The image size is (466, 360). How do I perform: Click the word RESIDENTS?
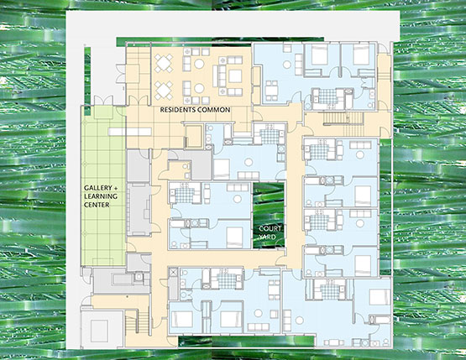tap(177, 110)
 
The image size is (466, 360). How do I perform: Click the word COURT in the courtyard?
tap(270, 229)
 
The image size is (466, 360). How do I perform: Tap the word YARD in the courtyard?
tap(267, 237)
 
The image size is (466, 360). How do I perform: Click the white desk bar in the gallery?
tap(130, 131)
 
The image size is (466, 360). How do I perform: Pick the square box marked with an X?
tap(174, 272)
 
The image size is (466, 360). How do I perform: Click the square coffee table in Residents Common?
tap(235, 76)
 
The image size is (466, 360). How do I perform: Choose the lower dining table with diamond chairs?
tap(164, 91)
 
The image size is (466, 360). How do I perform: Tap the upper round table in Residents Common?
tap(199, 64)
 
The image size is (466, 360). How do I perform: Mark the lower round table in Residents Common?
tap(199, 88)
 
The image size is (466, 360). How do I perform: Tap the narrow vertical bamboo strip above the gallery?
tap(87, 80)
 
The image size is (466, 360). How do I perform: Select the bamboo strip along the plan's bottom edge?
tap(246, 342)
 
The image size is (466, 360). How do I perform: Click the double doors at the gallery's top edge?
tap(103, 101)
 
